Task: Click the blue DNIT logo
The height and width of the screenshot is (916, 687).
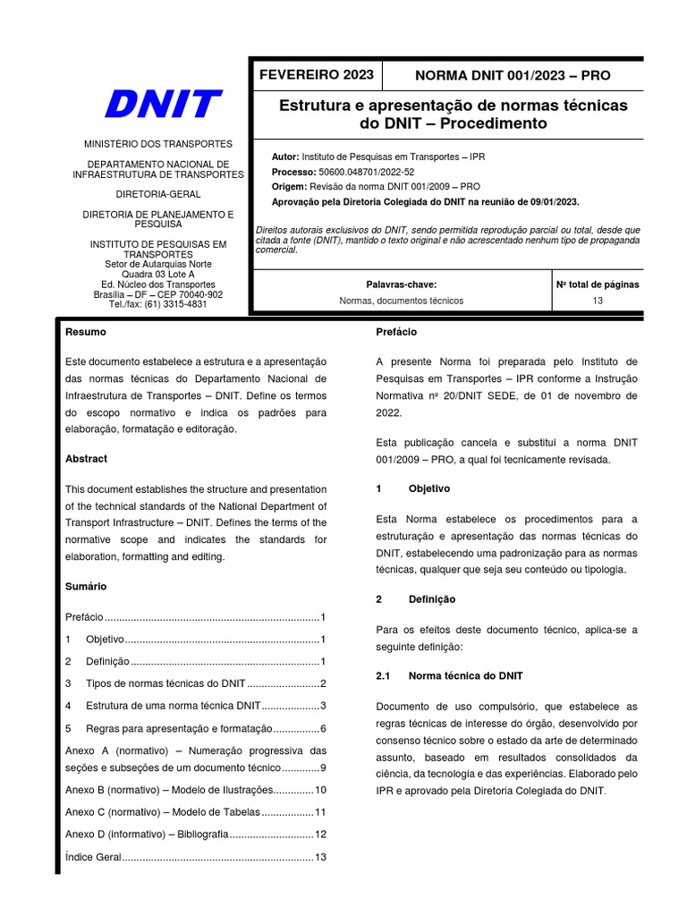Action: pos(162,104)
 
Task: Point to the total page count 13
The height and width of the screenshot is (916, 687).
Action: pos(598,301)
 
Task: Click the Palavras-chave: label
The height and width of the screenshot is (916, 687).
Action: pos(401,284)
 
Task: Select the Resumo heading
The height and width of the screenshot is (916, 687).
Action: pos(86,332)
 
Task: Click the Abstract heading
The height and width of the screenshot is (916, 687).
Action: pos(86,459)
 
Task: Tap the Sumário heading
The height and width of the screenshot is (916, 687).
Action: pos(86,587)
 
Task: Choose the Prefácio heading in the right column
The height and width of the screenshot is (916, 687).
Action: pos(396,332)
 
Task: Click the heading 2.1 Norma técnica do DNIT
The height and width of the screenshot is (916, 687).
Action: pos(449,675)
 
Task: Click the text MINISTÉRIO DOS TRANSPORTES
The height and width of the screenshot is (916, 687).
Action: pos(157,144)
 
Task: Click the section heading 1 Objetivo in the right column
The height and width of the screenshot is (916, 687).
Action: pos(412,489)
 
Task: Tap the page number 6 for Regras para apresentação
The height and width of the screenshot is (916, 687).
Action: pos(322,728)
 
